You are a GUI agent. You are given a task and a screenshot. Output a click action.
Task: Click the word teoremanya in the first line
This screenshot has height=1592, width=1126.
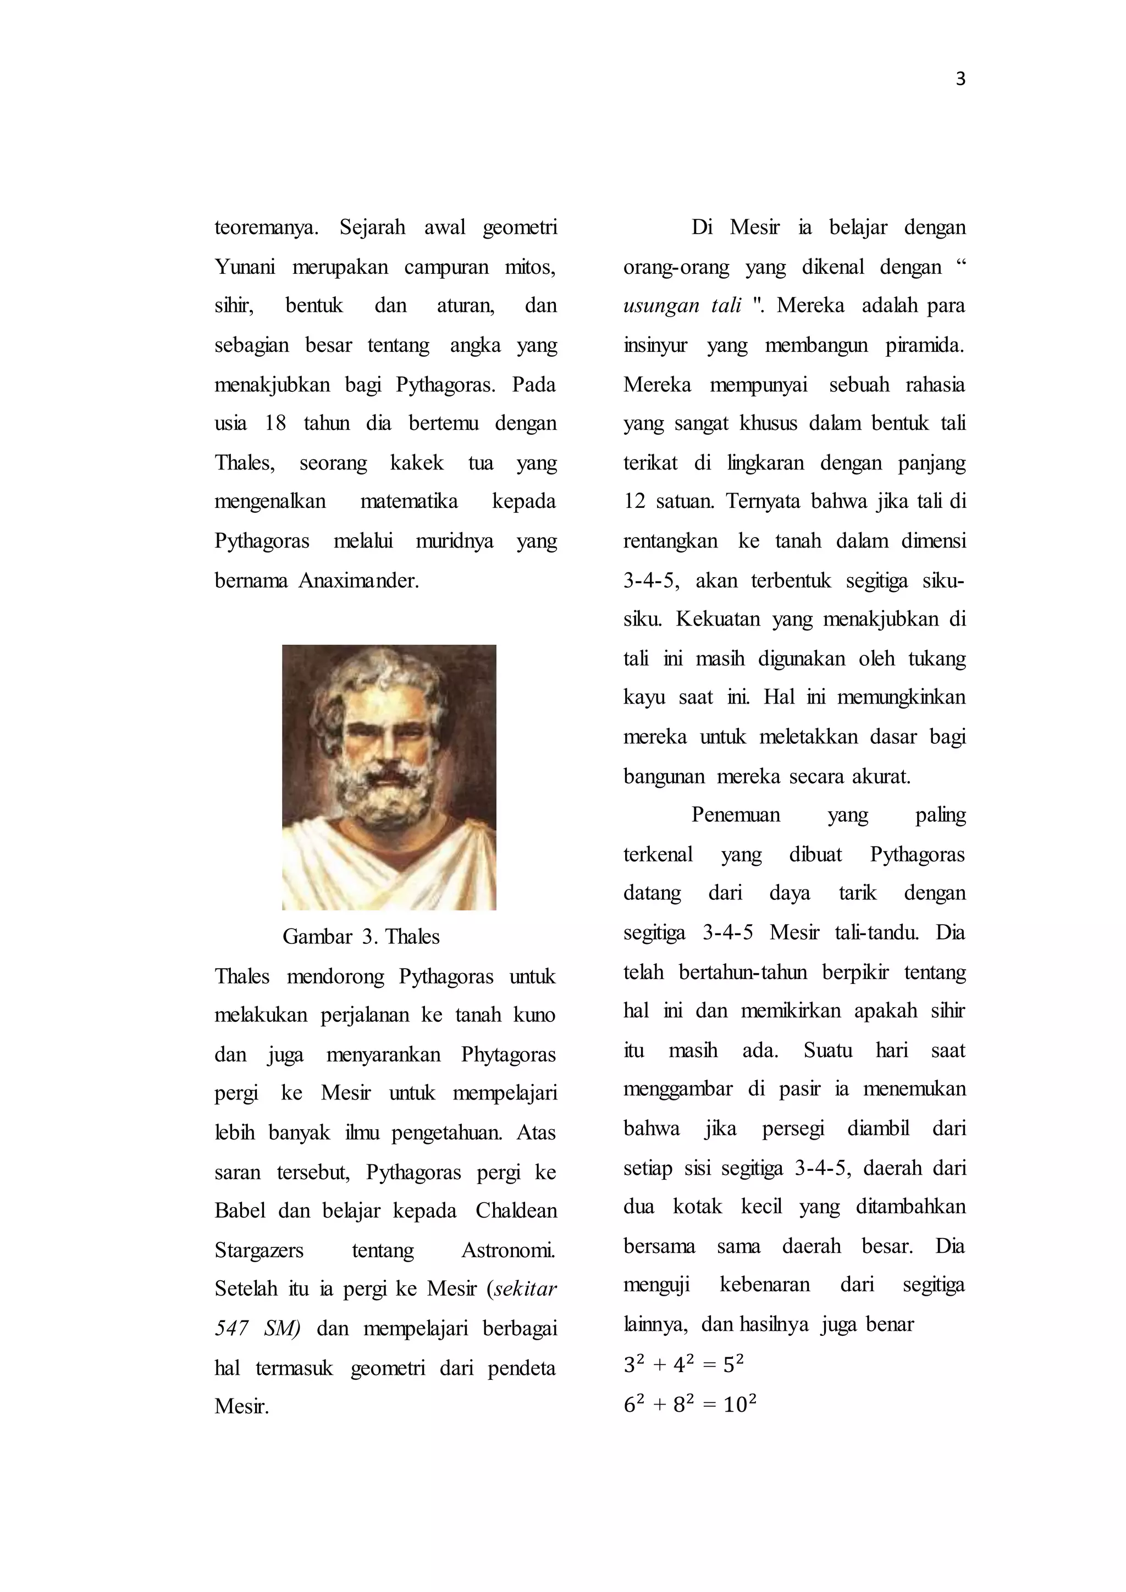266,228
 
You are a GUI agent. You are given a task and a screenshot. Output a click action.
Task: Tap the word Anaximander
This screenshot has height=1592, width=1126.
358,581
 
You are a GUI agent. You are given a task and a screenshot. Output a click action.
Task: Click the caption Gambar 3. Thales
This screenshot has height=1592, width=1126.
361,937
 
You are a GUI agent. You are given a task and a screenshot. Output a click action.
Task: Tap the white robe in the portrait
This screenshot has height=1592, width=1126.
388,874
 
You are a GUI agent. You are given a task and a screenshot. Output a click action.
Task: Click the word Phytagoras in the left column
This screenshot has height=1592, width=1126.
508,1054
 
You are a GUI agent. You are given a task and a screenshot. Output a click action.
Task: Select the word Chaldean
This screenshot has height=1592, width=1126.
516,1210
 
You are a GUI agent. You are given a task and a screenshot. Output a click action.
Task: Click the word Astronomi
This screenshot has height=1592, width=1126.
508,1250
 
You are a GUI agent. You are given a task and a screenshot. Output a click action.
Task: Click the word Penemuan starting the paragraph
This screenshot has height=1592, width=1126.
736,815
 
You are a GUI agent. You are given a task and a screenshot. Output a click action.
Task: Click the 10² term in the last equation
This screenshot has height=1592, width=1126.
739,1405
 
